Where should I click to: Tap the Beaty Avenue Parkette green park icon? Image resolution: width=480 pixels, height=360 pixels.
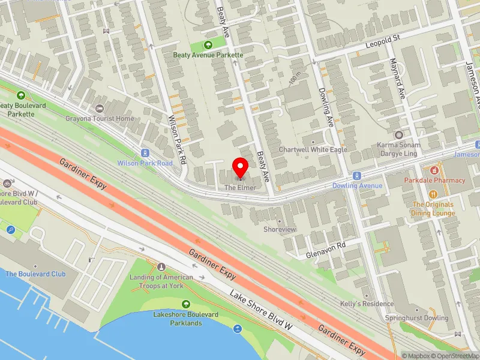click(x=208, y=44)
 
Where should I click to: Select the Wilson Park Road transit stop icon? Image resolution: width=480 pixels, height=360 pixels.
click(x=145, y=153)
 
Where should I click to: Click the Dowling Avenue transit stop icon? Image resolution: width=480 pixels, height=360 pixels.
click(x=358, y=176)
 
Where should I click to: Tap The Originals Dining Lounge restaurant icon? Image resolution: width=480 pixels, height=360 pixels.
click(x=433, y=194)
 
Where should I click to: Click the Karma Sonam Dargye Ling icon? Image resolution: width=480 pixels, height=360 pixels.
click(x=399, y=136)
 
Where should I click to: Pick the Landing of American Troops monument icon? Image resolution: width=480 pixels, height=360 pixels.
click(x=161, y=266)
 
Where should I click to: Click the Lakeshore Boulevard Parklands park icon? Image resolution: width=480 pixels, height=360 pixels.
click(x=185, y=305)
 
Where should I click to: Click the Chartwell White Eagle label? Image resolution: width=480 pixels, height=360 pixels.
click(x=304, y=149)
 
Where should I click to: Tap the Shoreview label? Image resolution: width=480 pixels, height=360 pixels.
click(x=280, y=229)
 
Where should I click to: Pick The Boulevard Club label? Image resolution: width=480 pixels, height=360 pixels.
click(x=35, y=274)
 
